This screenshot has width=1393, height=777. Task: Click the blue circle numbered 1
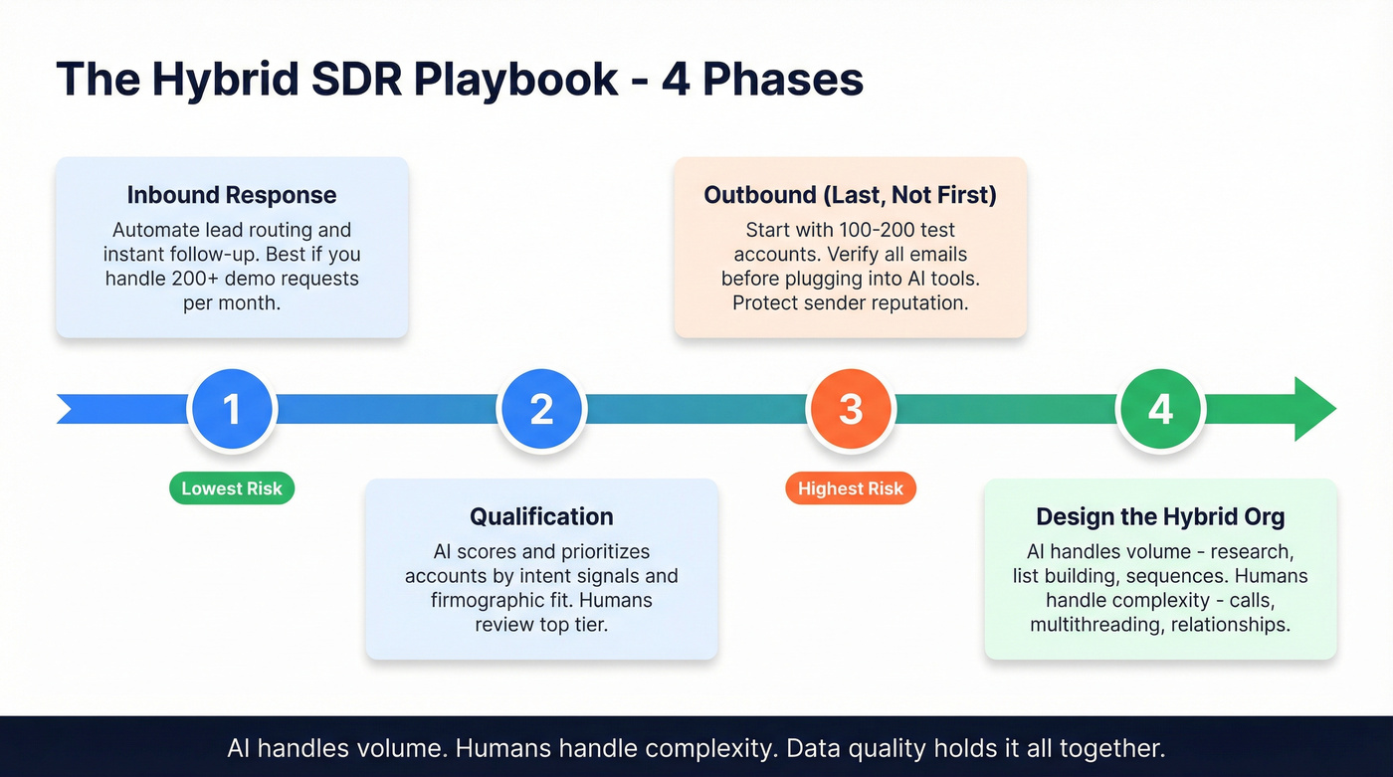tap(232, 410)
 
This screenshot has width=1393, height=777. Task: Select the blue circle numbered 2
tap(541, 410)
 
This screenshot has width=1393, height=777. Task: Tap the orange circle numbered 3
tap(851, 410)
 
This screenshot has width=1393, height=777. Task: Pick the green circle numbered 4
tap(1160, 410)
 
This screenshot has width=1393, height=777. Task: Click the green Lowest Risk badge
tap(232, 488)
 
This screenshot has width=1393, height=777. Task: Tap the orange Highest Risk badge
tap(851, 488)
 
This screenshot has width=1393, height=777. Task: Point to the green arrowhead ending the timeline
tap(1313, 409)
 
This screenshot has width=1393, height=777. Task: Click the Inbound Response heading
tap(232, 195)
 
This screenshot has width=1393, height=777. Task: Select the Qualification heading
tap(541, 516)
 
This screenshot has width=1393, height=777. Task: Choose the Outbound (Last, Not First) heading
tap(850, 195)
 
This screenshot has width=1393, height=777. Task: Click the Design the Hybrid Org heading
tap(1160, 516)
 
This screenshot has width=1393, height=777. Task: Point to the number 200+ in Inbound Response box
tap(195, 280)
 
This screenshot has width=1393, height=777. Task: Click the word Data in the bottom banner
tap(812, 747)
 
